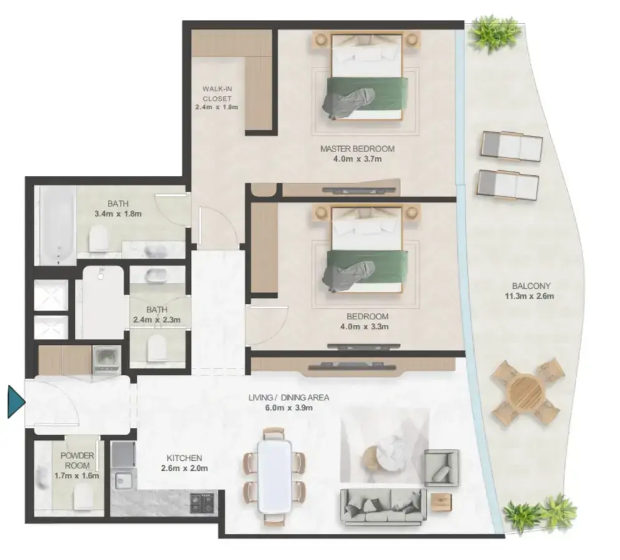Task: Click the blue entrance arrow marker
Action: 16,402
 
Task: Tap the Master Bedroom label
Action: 357,148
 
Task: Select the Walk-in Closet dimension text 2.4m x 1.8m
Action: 216,107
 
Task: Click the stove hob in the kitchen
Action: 203,503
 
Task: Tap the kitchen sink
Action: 124,481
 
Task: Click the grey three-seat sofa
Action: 383,507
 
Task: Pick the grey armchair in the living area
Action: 442,468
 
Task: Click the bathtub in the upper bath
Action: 57,225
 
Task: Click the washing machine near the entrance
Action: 107,360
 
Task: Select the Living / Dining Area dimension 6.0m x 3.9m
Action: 289,408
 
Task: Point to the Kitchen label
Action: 184,458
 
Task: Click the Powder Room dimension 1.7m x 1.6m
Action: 77,476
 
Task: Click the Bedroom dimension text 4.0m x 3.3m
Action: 364,327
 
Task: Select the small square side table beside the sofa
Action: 441,502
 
